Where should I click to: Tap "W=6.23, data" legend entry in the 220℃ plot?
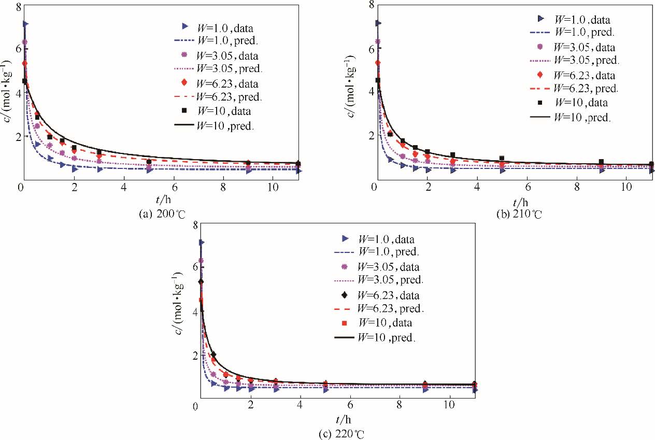point(387,296)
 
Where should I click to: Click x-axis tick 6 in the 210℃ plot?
point(527,186)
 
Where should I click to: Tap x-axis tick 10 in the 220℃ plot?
point(449,405)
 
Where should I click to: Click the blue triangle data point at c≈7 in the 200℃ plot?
point(25,24)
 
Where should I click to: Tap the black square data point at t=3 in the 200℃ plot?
point(99,152)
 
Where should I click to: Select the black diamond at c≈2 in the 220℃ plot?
point(213,354)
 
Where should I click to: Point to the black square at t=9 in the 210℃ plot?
point(601,162)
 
